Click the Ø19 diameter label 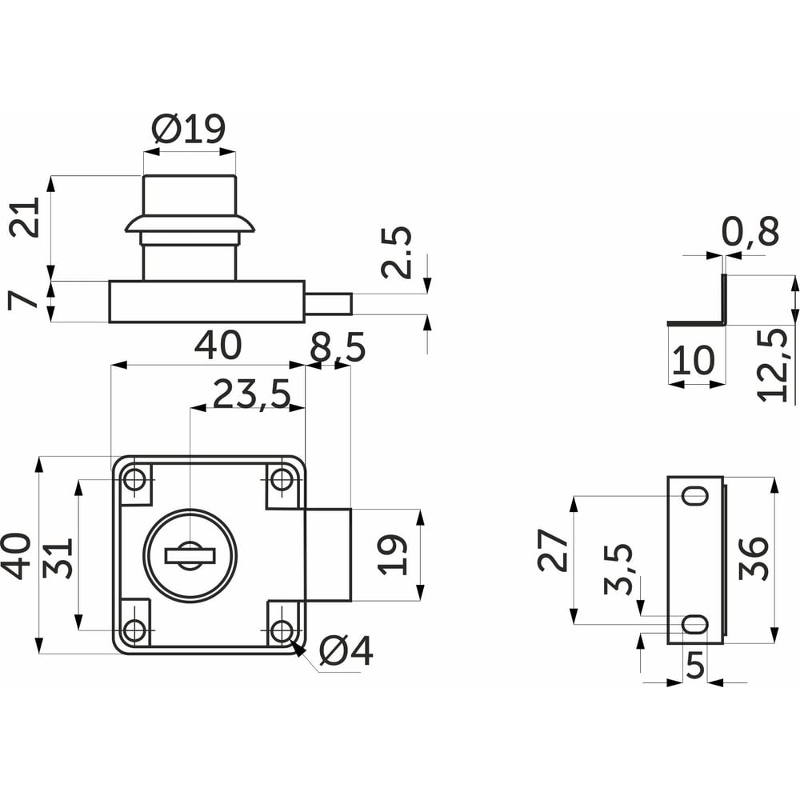click(x=189, y=128)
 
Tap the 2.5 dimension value click(x=397, y=252)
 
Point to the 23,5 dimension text click(x=251, y=394)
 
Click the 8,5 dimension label click(x=338, y=347)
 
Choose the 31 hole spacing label click(x=58, y=558)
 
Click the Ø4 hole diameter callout click(x=346, y=651)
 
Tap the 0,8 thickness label click(x=750, y=231)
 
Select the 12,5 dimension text click(x=773, y=364)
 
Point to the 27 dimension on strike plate click(x=553, y=550)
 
